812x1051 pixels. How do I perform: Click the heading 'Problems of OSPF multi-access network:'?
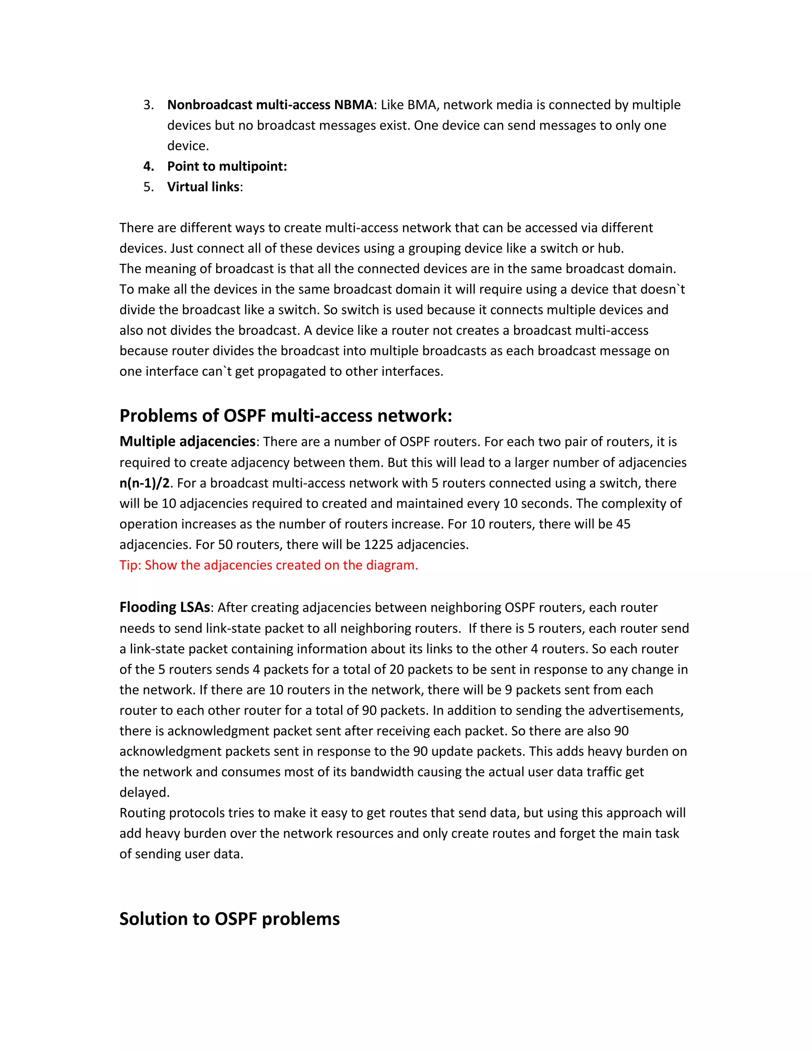click(286, 416)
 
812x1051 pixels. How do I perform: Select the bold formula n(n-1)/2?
click(144, 483)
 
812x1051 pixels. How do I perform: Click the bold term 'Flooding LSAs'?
click(165, 607)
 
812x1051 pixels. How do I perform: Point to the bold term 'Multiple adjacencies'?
click(187, 442)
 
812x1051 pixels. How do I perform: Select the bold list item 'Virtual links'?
click(203, 187)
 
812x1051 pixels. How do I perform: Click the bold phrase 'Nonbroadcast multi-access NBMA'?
click(270, 105)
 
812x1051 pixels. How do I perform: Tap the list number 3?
click(148, 105)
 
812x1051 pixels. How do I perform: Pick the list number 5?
click(148, 187)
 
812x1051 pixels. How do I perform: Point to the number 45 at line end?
click(623, 524)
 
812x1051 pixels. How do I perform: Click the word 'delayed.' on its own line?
click(144, 792)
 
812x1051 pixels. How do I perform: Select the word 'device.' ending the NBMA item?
click(188, 146)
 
